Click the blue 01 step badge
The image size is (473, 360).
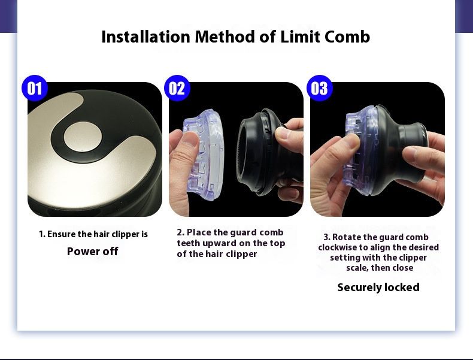(x=35, y=88)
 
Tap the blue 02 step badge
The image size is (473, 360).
(x=177, y=88)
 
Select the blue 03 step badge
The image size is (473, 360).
(x=320, y=88)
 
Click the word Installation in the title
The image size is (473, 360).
(x=145, y=37)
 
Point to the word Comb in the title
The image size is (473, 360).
(x=347, y=37)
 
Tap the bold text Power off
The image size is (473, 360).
(x=92, y=252)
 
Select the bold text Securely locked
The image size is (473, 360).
(x=378, y=288)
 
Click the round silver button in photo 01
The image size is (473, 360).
(x=82, y=137)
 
